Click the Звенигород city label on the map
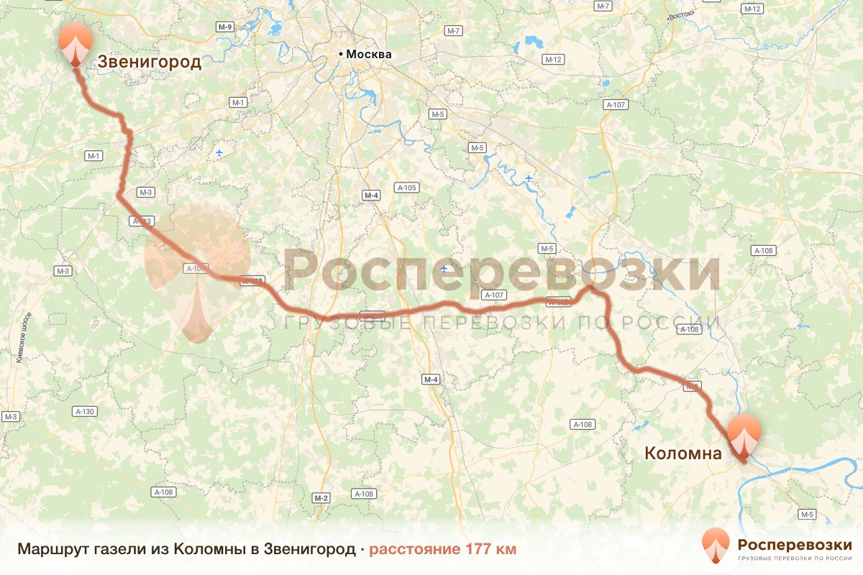coord(150,63)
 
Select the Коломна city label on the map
coord(682,454)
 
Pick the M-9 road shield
coord(225,27)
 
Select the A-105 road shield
coord(406,188)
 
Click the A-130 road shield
coord(84,411)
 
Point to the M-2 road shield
coord(321,498)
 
